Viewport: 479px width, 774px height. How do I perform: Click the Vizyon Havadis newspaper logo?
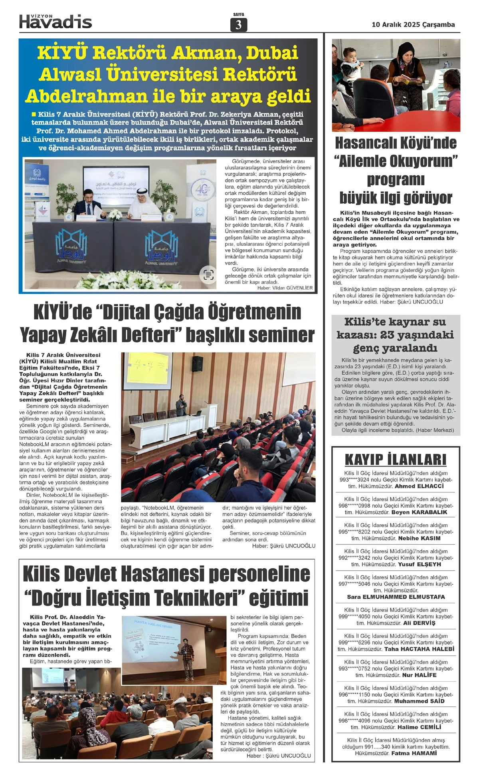click(55, 21)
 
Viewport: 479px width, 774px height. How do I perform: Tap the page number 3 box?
click(239, 25)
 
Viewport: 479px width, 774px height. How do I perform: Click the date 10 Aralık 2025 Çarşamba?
click(413, 25)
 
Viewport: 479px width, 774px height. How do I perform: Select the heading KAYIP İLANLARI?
click(395, 459)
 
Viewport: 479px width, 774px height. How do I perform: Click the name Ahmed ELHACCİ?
click(419, 486)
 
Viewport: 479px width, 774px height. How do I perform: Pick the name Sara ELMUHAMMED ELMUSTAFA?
click(395, 597)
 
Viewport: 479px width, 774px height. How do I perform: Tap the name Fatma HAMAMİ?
click(414, 753)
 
